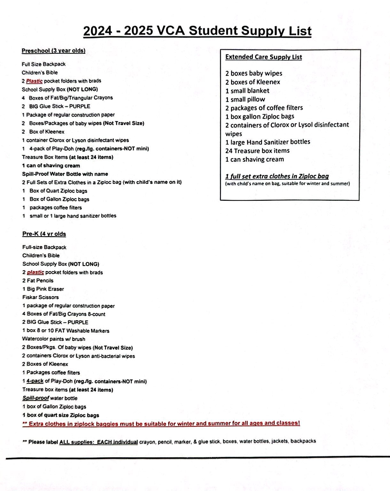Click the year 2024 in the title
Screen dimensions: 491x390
(98, 31)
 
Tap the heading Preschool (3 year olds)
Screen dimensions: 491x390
(53, 51)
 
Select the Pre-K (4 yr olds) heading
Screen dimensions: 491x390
(44, 234)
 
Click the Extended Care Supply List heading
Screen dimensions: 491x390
(263, 57)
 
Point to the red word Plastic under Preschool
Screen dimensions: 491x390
(34, 81)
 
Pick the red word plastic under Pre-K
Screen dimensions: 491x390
(35, 272)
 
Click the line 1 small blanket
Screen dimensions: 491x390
(247, 91)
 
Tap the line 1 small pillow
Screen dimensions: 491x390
(245, 99)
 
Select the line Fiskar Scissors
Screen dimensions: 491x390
(41, 297)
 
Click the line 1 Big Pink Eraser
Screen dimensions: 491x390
(43, 289)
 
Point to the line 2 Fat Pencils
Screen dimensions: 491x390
(38, 281)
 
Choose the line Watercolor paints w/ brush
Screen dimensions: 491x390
(54, 339)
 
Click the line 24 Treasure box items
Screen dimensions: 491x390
(257, 151)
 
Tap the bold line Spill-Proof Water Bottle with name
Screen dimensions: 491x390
(65, 174)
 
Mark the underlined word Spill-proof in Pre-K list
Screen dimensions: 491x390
(35, 398)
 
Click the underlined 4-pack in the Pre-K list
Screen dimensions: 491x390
(35, 381)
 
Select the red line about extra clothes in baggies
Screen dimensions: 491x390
(161, 424)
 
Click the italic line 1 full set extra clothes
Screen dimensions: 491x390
(277, 176)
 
